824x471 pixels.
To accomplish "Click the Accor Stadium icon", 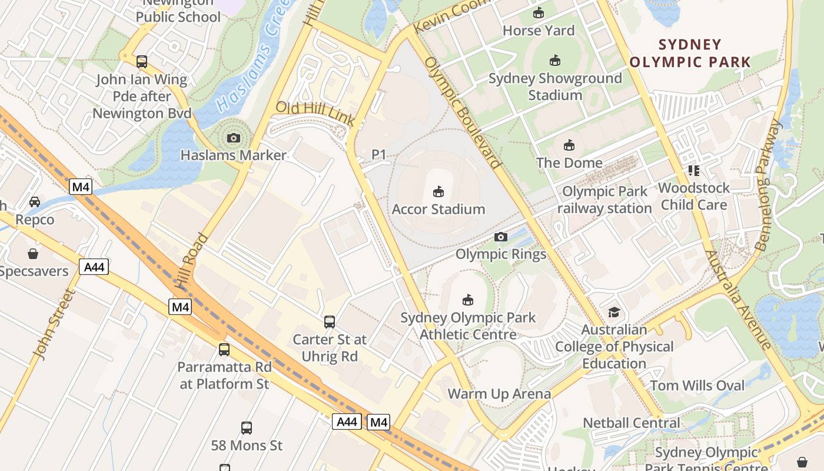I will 438,192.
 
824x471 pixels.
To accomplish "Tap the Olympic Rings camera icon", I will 501,237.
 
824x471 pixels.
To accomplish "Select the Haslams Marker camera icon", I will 234,138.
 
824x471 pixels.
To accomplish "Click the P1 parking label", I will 379,155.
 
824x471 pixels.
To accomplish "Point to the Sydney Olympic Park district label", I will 690,53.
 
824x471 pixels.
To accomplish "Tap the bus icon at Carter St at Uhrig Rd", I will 330,322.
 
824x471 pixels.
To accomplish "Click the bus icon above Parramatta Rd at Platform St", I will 224,350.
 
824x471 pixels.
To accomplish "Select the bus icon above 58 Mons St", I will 247,428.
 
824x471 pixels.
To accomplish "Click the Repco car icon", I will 35,202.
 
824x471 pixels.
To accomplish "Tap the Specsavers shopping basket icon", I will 33,254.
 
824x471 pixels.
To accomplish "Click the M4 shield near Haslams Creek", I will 81,187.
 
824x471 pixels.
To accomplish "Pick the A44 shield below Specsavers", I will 94,267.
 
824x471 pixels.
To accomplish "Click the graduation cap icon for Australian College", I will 614,312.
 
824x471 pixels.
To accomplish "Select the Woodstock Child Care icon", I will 694,171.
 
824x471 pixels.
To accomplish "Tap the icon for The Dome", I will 569,145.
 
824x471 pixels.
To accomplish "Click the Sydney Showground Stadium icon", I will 554,60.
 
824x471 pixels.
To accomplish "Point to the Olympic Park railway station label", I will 604,200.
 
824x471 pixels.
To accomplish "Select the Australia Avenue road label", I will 738,300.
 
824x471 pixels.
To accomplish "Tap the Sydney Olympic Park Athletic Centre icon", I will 468,300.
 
